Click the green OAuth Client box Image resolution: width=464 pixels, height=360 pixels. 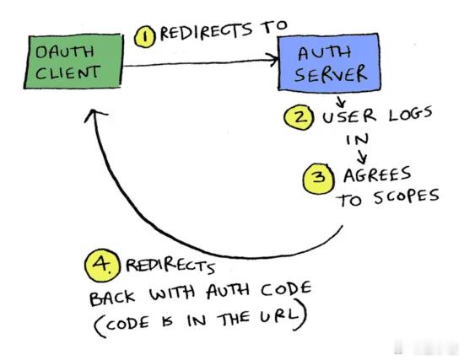pos(73,62)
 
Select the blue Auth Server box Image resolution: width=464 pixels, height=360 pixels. pos(329,62)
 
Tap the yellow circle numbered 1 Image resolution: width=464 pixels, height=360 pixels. pos(145,37)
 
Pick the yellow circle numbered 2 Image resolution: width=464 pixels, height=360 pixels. pos(299,118)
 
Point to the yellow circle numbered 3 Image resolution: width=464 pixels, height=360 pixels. pos(319,179)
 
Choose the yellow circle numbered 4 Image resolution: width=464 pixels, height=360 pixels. pos(102,265)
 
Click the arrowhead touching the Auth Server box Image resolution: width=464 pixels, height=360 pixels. pos(272,60)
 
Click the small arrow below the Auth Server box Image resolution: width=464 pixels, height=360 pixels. pos(341,101)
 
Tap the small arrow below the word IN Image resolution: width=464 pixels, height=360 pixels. pos(362,157)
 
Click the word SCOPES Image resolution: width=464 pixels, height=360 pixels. pos(406,196)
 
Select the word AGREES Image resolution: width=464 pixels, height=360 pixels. pos(377,175)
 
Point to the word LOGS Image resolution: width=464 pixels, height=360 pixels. pos(410,115)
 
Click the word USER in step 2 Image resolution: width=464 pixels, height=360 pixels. pos(349,116)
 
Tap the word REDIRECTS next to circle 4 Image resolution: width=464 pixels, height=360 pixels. pos(170,266)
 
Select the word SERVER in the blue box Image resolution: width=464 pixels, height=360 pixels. pos(330,74)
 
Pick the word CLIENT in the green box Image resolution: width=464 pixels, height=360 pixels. pos(67,73)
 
